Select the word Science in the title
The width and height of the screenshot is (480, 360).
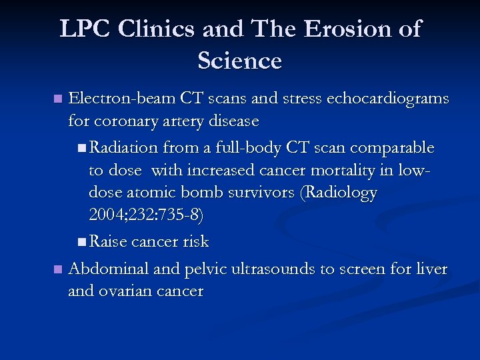239,61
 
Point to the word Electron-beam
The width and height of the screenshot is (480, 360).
121,99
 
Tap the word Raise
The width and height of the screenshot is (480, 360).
109,241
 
